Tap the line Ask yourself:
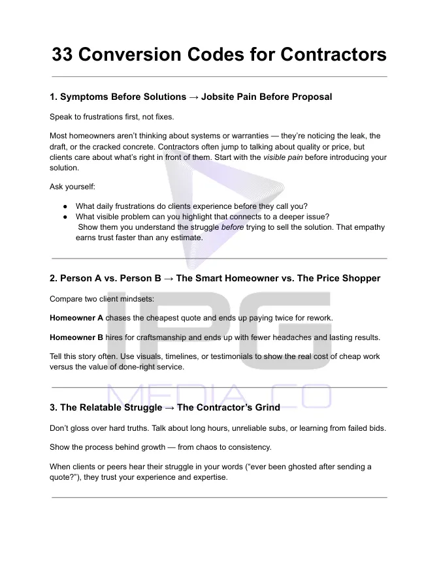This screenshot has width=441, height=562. (x=73, y=187)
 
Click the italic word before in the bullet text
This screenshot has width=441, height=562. (x=233, y=227)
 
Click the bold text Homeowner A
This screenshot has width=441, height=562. (x=76, y=318)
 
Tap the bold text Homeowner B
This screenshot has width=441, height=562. (x=76, y=337)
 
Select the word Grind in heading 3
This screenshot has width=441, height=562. (x=267, y=407)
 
